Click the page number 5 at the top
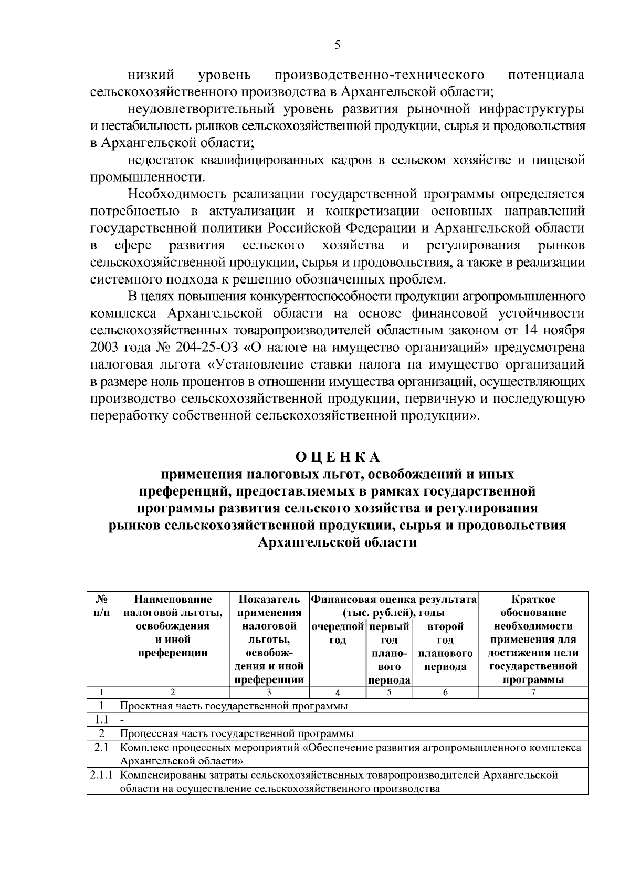tap(338, 46)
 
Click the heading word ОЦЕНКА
tap(337, 457)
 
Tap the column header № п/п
tap(102, 605)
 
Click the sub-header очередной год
tap(338, 633)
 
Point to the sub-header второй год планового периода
tap(445, 646)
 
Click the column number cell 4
tap(338, 693)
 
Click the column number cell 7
tap(533, 693)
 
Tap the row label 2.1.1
tap(102, 775)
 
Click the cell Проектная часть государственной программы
tap(234, 706)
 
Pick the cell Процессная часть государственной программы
tap(237, 733)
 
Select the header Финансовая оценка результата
tap(394, 599)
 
